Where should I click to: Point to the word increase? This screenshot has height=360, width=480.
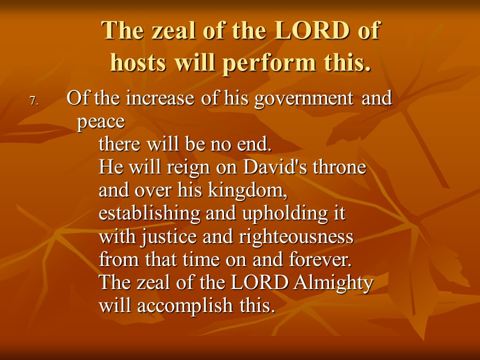[160, 98]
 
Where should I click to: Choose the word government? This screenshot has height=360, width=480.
[303, 99]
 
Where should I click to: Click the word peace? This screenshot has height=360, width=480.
[100, 122]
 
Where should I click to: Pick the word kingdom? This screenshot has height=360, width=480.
[247, 190]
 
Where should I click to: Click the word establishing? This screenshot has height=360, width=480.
[149, 213]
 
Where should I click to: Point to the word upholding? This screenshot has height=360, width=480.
[285, 213]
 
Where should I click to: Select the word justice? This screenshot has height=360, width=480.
[168, 237]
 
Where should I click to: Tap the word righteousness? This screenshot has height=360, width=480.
[296, 237]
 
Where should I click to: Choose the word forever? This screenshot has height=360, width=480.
[320, 259]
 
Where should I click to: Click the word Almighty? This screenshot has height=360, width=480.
[333, 283]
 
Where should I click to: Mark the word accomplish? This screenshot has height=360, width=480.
[185, 306]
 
